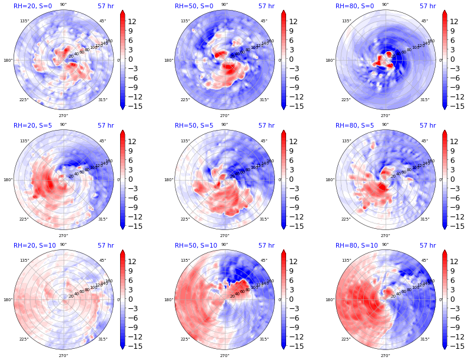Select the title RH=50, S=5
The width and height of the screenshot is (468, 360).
pyautogui.click(x=194, y=125)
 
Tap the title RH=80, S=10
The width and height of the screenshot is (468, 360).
pyautogui.click(x=356, y=245)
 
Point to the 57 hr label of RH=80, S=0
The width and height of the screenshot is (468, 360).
pyautogui.click(x=427, y=6)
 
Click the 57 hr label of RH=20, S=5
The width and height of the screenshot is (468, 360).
pyautogui.click(x=106, y=125)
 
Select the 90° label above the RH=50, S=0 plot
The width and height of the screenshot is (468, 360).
pyautogui.click(x=224, y=5)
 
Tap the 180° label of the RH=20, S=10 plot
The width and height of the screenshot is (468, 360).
pyautogui.click(x=8, y=300)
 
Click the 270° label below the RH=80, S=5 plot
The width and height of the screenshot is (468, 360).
pyautogui.click(x=385, y=236)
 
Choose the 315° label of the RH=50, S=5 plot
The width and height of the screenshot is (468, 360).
pyautogui.click(x=263, y=219)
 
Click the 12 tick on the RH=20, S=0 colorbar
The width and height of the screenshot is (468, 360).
pyautogui.click(x=134, y=22)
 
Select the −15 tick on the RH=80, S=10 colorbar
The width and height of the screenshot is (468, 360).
pyautogui.click(x=454, y=346)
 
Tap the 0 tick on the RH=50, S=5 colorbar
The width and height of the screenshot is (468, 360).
pyautogui.click(x=292, y=179)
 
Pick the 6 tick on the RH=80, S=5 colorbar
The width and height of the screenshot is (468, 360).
pyautogui.click(x=454, y=161)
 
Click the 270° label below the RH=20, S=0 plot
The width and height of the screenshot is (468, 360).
pyautogui.click(x=63, y=116)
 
